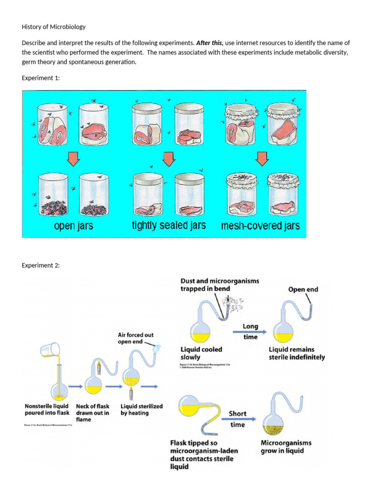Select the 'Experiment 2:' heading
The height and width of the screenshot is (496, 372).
point(40,265)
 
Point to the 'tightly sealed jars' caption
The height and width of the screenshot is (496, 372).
point(169,225)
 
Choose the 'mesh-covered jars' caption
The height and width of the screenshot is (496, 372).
point(260,226)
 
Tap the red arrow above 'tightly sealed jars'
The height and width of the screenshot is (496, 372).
point(169,158)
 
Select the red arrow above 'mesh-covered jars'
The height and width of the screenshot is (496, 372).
point(262,157)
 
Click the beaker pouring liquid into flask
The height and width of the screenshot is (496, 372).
point(53,350)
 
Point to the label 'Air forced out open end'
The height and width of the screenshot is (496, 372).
point(136,338)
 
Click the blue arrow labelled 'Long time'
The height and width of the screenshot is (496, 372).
point(250,332)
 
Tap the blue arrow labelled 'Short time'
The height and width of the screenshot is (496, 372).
point(238,419)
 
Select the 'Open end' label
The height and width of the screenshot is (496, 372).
point(303,290)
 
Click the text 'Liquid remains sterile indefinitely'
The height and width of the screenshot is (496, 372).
point(296,353)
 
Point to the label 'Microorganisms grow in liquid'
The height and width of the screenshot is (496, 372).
point(286,447)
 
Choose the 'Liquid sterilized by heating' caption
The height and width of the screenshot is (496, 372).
point(141,409)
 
